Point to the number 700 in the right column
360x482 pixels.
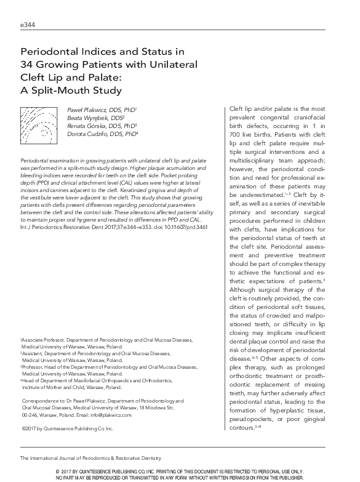[234, 134]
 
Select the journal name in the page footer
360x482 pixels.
[90, 458]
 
